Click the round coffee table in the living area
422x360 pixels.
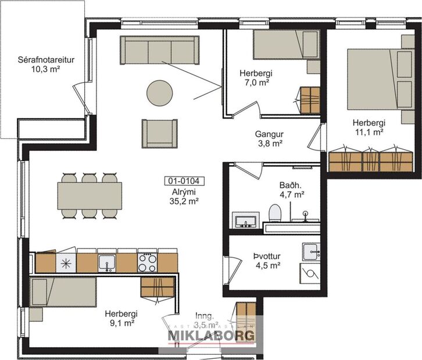point(159,93)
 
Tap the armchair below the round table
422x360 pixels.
point(159,133)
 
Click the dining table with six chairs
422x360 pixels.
point(90,196)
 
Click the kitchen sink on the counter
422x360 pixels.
point(106,263)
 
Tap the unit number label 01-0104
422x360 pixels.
point(181,181)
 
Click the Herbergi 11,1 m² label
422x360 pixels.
point(369,127)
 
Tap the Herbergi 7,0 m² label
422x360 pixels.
point(256,78)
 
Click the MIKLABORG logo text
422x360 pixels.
point(212,336)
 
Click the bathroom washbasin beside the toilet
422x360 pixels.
point(246,221)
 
